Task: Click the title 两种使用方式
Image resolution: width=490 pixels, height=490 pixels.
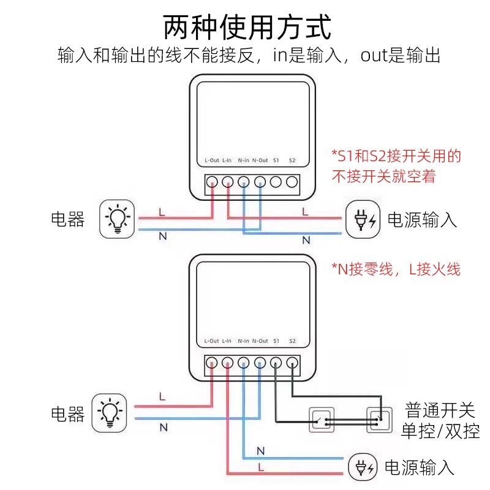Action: pos(247,28)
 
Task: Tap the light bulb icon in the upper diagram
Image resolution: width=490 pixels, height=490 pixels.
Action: pos(116,219)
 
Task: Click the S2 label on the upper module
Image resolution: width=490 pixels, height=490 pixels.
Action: pos(292,160)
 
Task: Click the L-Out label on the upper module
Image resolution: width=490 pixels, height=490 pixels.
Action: pos(211,160)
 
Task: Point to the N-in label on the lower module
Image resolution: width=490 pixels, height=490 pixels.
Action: pos(243,341)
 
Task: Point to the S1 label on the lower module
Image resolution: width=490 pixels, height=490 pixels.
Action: pos(276,341)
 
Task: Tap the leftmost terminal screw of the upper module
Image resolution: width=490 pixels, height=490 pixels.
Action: pos(211,182)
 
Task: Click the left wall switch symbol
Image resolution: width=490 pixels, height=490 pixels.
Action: pos(322,420)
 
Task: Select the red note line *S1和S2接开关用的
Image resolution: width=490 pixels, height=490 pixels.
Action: pos(396,156)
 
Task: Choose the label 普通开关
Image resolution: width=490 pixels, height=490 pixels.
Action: pos(440,410)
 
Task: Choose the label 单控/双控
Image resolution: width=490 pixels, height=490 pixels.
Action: pos(440,431)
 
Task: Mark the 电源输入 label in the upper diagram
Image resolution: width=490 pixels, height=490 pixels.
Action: pos(423,220)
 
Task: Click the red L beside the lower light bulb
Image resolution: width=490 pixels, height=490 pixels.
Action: pos(162,396)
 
